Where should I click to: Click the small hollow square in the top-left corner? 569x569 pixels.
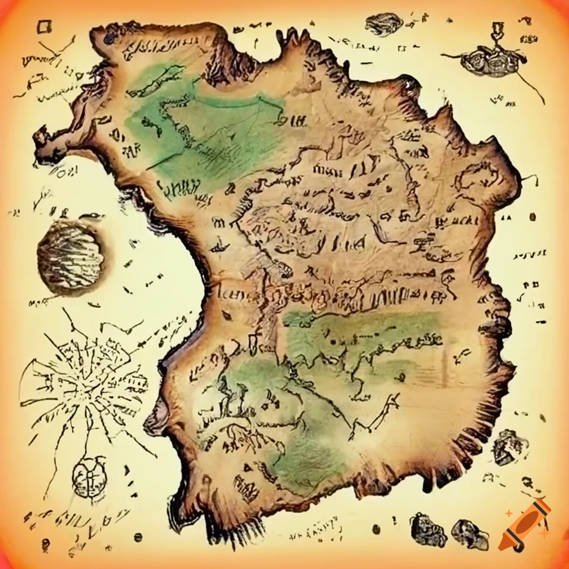click(x=44, y=27)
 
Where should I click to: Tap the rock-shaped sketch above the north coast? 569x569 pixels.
click(x=384, y=24)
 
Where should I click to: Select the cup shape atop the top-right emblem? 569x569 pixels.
click(x=496, y=30)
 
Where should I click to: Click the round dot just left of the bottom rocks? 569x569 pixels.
click(x=376, y=528)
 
